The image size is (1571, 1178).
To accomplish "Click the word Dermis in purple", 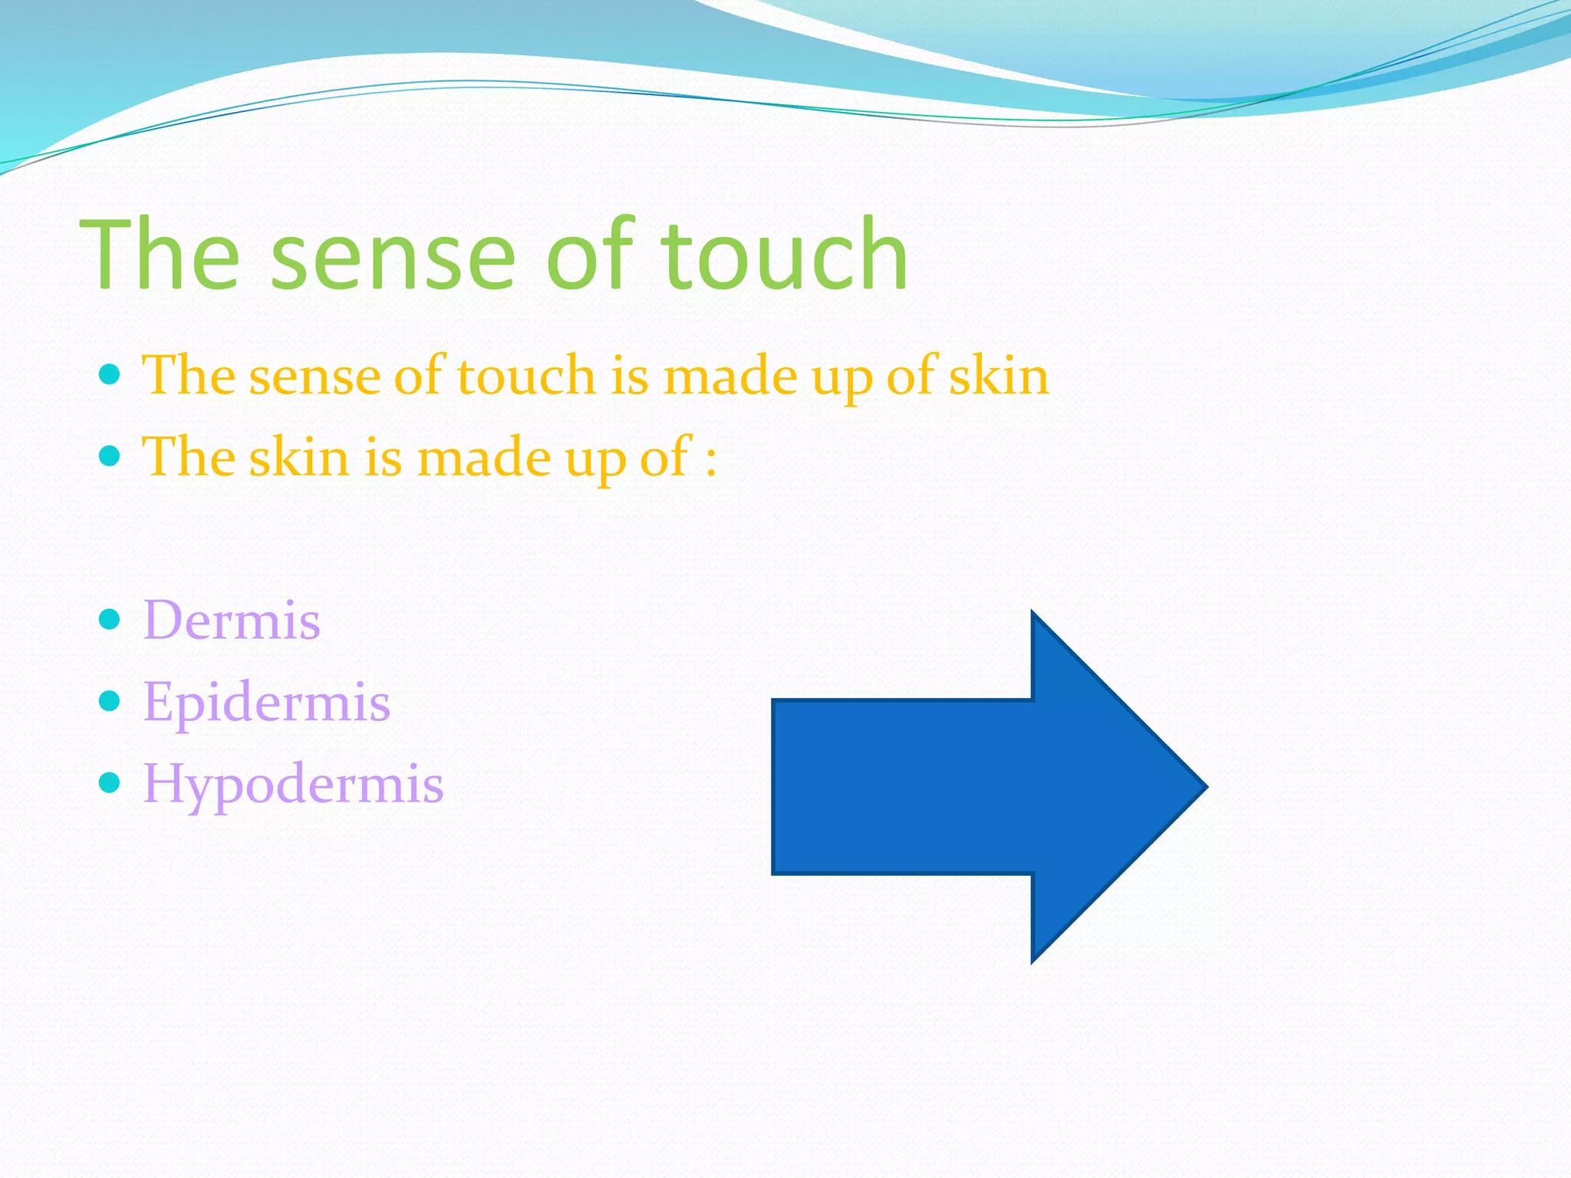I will pyautogui.click(x=232, y=620).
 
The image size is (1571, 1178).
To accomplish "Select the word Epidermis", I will pyautogui.click(x=267, y=702).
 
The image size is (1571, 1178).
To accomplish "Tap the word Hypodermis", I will pyautogui.click(x=293, y=784).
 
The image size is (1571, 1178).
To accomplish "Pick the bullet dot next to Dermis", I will pyautogui.click(x=110, y=619).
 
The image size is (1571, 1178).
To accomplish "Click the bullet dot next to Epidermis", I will pyautogui.click(x=110, y=701).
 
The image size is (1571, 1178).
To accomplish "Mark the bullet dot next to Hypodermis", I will pyautogui.click(x=110, y=783).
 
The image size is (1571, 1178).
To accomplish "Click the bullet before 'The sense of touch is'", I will pyautogui.click(x=110, y=375).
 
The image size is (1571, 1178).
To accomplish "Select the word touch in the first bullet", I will pyautogui.click(x=526, y=377).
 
